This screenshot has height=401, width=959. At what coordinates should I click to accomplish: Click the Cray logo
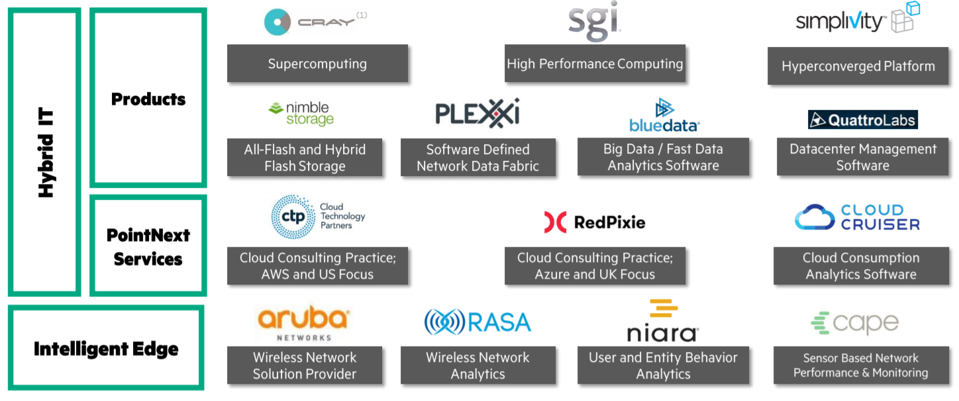point(311,22)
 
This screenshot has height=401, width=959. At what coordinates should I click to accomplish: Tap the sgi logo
point(595,21)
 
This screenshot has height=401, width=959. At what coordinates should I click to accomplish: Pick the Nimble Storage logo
point(301,113)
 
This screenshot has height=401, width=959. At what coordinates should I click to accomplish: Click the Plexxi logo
point(477,112)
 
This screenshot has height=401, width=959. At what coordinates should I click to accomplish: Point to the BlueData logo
point(664,116)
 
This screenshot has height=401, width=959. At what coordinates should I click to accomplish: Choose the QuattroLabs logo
point(862,120)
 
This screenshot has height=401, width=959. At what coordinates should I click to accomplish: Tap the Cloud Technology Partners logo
point(318,216)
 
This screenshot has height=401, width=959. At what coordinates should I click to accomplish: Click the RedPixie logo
point(594,222)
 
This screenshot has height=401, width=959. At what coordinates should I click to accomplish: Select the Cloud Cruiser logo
point(857,218)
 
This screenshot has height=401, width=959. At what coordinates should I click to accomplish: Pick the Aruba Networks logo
point(303,322)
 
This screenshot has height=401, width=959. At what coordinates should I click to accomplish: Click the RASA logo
point(478,322)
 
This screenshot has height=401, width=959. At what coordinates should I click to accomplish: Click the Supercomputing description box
point(317,64)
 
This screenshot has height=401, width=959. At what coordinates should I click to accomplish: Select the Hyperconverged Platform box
point(858,66)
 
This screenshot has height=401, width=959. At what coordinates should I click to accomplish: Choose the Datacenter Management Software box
point(862,157)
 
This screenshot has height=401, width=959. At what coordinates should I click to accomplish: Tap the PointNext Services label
point(148,246)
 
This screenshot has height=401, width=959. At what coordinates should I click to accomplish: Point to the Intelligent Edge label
point(106,348)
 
